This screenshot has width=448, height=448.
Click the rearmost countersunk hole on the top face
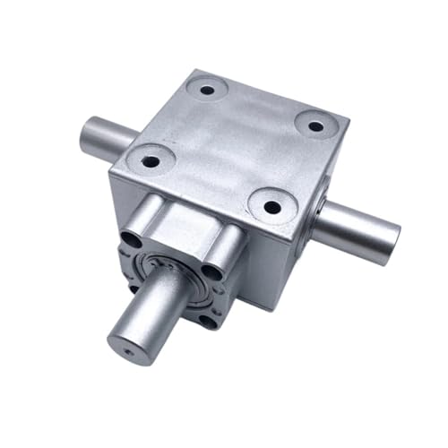pos(207,90)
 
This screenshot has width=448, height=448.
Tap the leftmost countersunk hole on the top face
pos(150,162)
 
